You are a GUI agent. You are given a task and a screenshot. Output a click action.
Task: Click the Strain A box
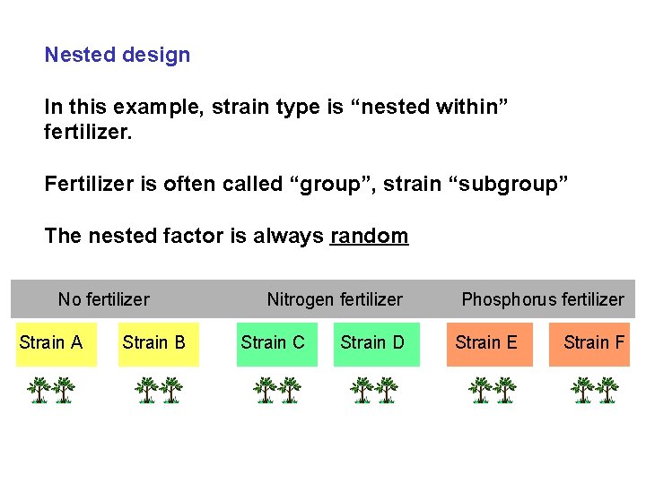tap(50, 342)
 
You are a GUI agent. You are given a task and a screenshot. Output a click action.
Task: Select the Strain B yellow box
tap(154, 342)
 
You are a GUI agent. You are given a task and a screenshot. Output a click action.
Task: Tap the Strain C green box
tap(274, 342)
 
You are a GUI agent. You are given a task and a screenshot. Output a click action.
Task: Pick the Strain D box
tap(374, 342)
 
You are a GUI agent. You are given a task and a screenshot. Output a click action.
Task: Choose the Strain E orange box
tap(486, 342)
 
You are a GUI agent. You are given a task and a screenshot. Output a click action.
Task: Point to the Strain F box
tap(591, 342)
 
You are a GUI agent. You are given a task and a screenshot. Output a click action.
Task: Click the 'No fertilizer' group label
tap(103, 299)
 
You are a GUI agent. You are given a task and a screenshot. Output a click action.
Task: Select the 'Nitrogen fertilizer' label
tap(335, 299)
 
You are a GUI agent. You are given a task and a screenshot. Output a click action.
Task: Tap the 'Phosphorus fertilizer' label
tap(542, 299)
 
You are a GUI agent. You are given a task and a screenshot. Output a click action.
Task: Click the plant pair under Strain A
tap(50, 391)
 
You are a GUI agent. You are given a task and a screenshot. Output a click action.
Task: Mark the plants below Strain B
tap(159, 391)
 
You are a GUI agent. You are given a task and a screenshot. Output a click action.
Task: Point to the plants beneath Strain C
tap(276, 391)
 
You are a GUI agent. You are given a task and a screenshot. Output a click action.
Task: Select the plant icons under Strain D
tap(374, 391)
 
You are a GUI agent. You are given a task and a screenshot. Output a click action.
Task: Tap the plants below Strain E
tap(493, 391)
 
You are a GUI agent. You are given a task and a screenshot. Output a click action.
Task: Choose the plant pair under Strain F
tap(595, 391)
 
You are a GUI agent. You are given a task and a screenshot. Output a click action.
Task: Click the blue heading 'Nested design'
tap(118, 55)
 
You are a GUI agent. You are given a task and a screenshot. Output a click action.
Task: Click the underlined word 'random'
tap(369, 237)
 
